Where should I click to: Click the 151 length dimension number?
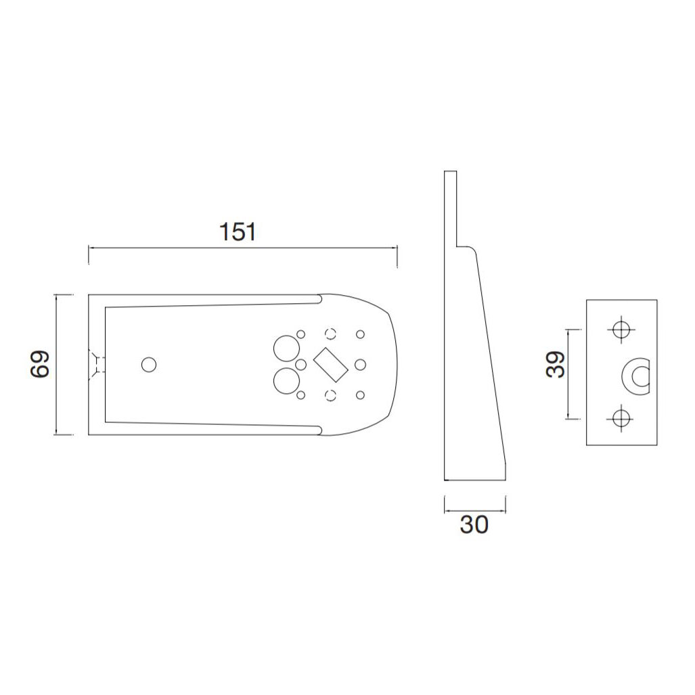[x=238, y=232]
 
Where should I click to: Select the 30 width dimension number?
[x=474, y=524]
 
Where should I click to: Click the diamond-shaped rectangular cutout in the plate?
[x=331, y=363]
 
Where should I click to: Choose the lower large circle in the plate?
[x=286, y=381]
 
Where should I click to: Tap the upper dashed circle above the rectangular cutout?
[x=331, y=333]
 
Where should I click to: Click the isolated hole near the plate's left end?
[x=149, y=364]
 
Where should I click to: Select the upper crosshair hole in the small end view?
[x=621, y=330]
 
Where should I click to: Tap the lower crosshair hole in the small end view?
[x=621, y=418]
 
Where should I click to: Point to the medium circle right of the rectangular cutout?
[x=360, y=364]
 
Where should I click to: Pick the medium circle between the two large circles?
[x=302, y=365]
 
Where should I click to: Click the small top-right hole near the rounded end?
[x=360, y=334]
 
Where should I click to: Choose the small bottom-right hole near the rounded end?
[x=360, y=394]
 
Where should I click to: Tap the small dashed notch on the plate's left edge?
[x=97, y=364]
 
